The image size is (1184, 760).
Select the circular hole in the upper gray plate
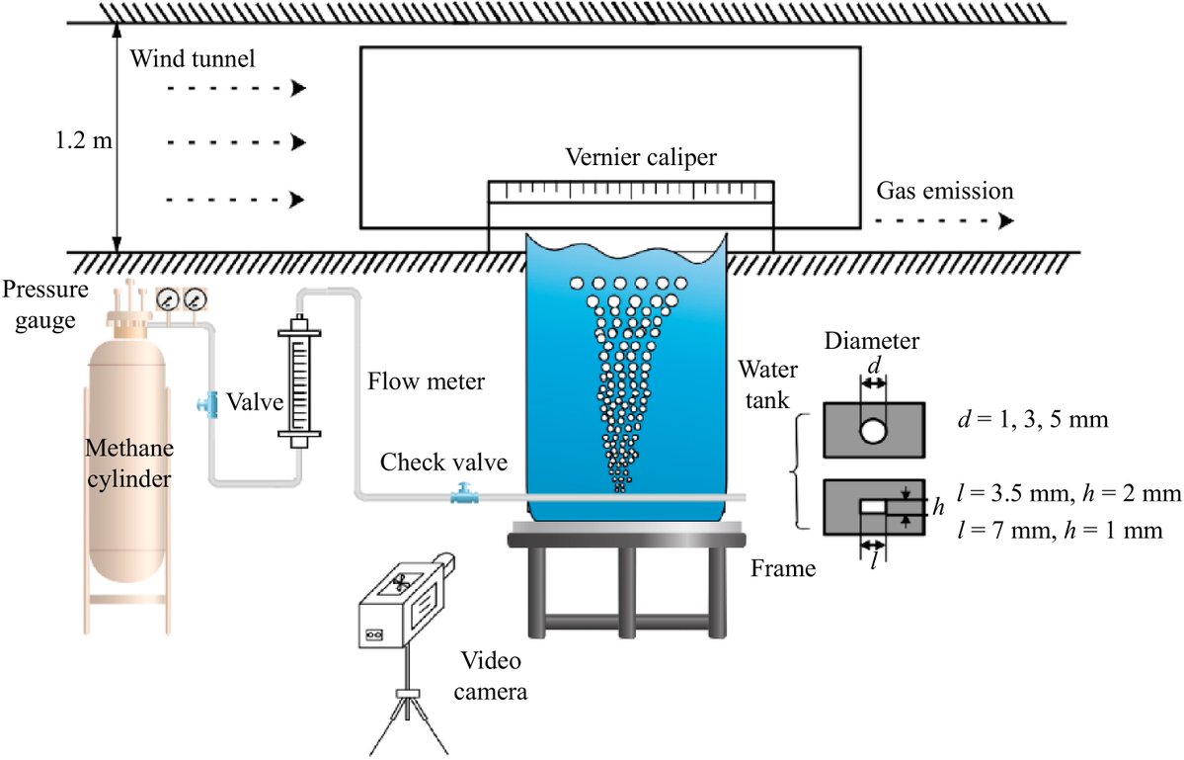tap(873, 430)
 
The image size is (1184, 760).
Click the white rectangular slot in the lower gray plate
tap(873, 506)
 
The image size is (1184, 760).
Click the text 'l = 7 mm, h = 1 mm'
tap(1058, 530)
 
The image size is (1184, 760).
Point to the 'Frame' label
tap(782, 569)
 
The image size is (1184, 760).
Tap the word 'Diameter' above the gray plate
tap(873, 341)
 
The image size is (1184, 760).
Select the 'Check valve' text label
tap(444, 462)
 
